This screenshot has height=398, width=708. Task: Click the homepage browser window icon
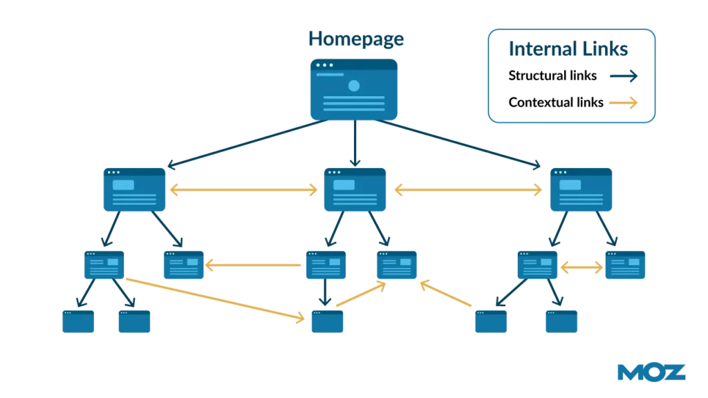(x=353, y=88)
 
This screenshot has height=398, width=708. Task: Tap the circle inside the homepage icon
(x=354, y=86)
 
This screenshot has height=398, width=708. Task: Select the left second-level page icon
(x=133, y=190)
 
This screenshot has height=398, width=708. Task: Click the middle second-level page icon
(x=354, y=190)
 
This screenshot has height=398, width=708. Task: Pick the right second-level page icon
(x=580, y=190)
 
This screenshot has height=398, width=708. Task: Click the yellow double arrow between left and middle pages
(x=243, y=191)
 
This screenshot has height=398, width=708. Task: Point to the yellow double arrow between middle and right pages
(x=468, y=191)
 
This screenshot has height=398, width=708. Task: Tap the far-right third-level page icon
(x=624, y=265)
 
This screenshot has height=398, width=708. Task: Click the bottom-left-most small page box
(x=78, y=323)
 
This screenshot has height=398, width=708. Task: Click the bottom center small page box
(x=327, y=323)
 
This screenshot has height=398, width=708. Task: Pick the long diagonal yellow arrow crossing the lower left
(x=214, y=299)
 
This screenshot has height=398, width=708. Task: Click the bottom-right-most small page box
(x=561, y=323)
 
